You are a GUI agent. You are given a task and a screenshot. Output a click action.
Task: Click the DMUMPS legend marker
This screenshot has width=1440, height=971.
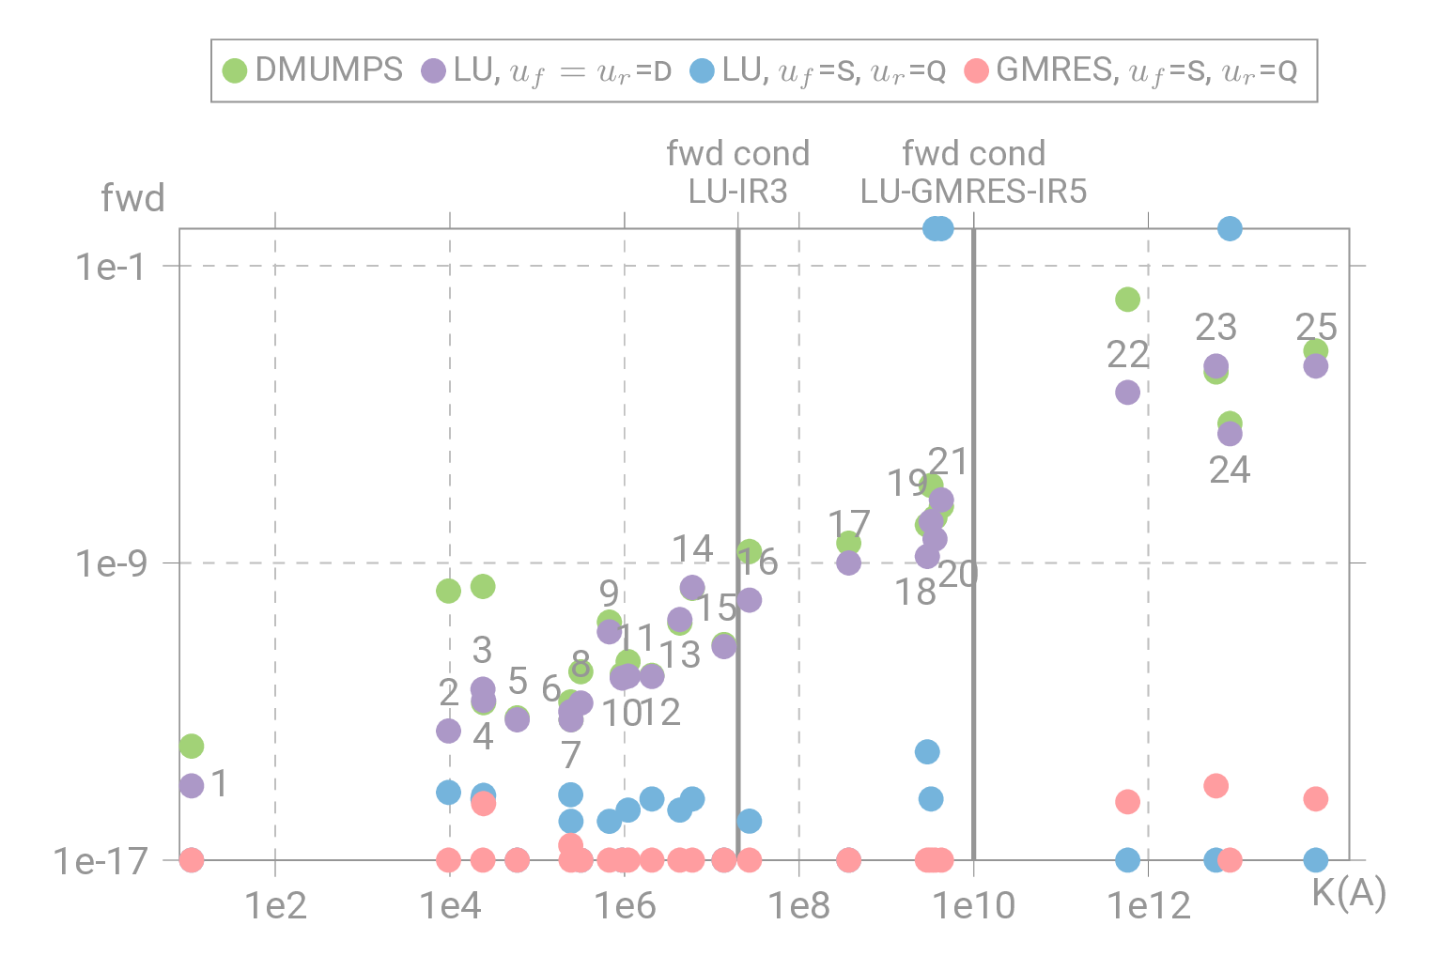click(234, 70)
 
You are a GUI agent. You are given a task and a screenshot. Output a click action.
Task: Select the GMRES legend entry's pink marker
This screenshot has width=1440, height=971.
click(977, 70)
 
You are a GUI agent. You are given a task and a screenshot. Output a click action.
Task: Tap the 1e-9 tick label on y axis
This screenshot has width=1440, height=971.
click(112, 563)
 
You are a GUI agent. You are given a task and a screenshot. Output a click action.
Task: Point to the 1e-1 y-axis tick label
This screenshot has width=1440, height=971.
click(112, 267)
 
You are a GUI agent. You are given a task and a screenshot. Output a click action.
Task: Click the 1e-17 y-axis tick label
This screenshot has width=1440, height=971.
click(101, 860)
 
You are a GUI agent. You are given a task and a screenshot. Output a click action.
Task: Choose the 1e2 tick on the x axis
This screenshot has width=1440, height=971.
click(275, 905)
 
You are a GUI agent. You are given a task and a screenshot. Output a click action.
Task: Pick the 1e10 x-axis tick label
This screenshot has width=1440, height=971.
click(973, 905)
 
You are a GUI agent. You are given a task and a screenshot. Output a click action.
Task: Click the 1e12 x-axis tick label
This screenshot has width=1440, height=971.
click(1148, 905)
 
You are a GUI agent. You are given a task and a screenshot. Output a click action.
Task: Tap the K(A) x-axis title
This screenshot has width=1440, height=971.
click(1349, 893)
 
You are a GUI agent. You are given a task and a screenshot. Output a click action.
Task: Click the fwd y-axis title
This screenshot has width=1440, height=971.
click(132, 198)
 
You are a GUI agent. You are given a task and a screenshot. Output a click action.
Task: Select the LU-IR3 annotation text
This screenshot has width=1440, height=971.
click(737, 191)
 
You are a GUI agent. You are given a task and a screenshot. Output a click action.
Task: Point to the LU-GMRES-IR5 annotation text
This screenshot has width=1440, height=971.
click(973, 191)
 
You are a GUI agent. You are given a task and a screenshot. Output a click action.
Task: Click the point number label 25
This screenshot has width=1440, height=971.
click(1316, 327)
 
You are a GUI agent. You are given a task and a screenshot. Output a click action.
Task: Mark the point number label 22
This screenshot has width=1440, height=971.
click(1127, 354)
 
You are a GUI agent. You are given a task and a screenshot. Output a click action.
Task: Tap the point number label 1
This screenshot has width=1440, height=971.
click(220, 783)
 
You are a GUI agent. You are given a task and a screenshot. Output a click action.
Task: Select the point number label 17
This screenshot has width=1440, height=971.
click(849, 523)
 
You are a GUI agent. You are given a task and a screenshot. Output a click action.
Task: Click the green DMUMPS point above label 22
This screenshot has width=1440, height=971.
click(1127, 300)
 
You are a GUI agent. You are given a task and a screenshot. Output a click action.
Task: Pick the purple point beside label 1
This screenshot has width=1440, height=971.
click(192, 786)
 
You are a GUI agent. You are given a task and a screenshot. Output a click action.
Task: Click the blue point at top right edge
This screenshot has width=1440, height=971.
click(1230, 228)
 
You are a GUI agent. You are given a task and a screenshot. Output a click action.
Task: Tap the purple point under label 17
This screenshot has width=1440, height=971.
click(848, 563)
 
